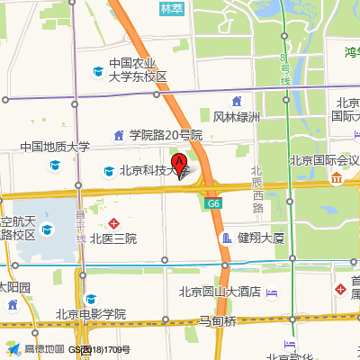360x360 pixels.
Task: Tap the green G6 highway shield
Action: tap(212, 204)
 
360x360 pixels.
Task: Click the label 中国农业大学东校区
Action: tap(139, 70)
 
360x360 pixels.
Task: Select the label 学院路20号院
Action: tap(166, 135)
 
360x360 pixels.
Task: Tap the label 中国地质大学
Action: tap(56, 147)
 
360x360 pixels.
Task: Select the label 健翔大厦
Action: tap(261, 238)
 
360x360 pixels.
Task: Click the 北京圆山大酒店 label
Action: tap(220, 291)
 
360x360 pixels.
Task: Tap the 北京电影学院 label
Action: tap(90, 314)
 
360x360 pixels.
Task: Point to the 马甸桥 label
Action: tap(218, 320)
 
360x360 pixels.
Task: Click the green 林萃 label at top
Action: tap(170, 9)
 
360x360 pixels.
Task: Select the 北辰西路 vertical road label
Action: tap(256, 189)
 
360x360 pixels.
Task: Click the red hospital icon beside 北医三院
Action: tap(113, 222)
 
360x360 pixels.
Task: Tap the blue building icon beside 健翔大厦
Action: tap(226, 238)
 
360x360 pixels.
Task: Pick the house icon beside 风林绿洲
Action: tap(237, 101)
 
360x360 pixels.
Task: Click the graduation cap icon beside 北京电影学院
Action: tap(90, 299)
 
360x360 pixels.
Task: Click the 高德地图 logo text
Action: tap(44, 349)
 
